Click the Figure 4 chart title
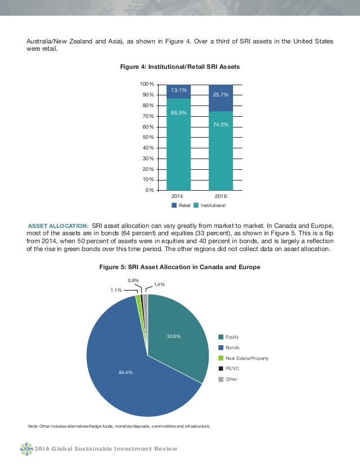click(x=180, y=67)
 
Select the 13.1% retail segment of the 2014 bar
click(x=178, y=91)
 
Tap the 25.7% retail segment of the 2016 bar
click(x=225, y=97)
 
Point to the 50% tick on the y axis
click(x=150, y=137)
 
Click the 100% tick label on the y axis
click(x=148, y=84)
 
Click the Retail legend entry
click(x=182, y=206)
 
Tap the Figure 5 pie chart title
click(x=180, y=267)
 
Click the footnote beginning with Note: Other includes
click(x=119, y=426)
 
